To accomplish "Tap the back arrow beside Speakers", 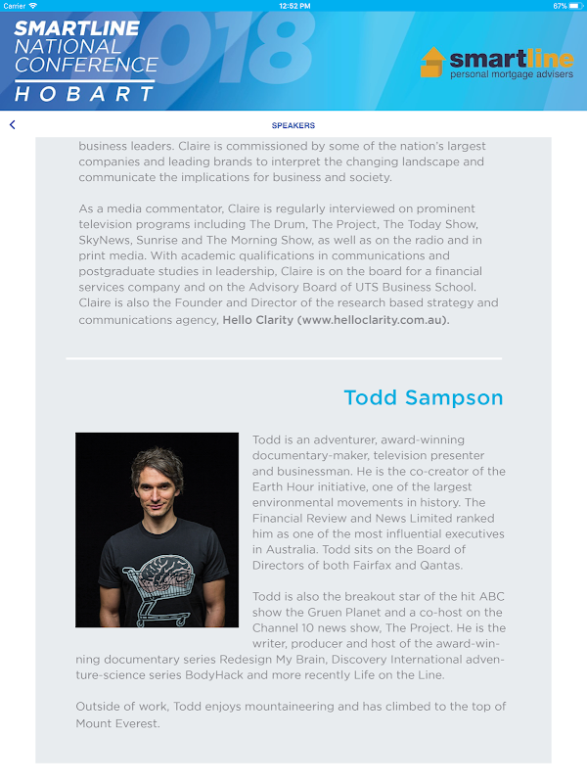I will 13,125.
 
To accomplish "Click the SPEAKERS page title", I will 293,125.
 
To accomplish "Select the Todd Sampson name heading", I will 423,397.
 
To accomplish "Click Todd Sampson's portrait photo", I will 157,530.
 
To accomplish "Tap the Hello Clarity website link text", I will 336,319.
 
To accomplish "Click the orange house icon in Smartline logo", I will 431,64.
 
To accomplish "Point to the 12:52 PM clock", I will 293,6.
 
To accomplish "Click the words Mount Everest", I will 117,723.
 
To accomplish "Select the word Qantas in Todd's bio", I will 441,565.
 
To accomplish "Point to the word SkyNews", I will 107,240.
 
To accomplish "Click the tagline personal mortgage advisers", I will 504,75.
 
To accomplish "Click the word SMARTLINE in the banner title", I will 76,28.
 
